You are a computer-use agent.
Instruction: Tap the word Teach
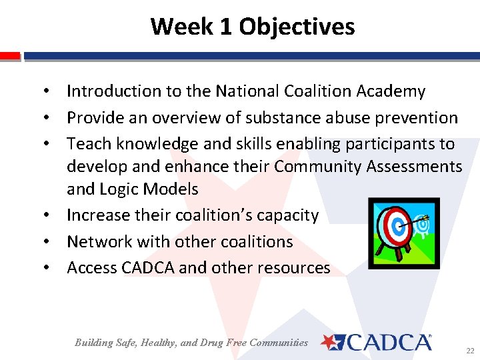click(89, 144)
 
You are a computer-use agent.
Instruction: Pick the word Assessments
click(414, 167)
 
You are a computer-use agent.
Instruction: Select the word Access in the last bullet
click(92, 268)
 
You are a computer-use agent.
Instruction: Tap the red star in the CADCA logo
click(329, 342)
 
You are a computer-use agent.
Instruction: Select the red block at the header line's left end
click(10, 56)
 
